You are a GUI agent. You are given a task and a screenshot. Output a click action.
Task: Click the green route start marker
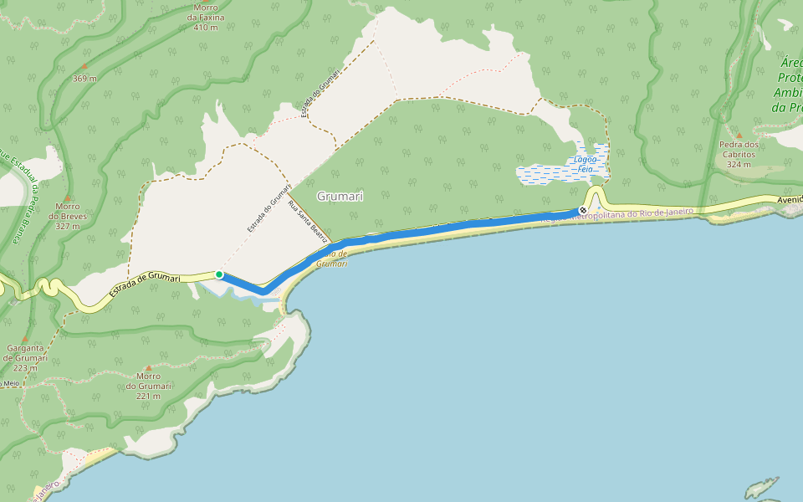pyautogui.click(x=219, y=274)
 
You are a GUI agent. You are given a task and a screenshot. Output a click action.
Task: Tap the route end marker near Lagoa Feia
pyautogui.click(x=583, y=210)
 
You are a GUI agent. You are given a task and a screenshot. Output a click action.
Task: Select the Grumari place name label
pyautogui.click(x=340, y=196)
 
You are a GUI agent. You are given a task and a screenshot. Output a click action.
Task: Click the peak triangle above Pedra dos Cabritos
pyautogui.click(x=739, y=135)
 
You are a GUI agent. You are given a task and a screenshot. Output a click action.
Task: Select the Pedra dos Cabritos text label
pyautogui.click(x=739, y=149)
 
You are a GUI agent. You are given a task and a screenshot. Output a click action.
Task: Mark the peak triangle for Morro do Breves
pyautogui.click(x=67, y=197)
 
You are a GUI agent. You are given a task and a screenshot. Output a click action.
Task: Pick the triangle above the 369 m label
pyautogui.click(x=84, y=65)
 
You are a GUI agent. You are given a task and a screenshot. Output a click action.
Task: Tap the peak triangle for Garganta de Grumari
pyautogui.click(x=24, y=339)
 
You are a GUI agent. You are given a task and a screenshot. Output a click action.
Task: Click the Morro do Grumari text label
pyautogui.click(x=148, y=381)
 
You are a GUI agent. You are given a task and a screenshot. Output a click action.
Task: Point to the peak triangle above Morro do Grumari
pyautogui.click(x=149, y=367)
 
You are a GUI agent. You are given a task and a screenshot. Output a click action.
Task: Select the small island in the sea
pyautogui.click(x=761, y=487)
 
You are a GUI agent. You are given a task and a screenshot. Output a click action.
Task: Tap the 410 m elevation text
pyautogui.click(x=205, y=28)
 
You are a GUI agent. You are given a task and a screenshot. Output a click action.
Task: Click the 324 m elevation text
pyautogui.click(x=739, y=164)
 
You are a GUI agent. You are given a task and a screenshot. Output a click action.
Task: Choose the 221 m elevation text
pyautogui.click(x=148, y=396)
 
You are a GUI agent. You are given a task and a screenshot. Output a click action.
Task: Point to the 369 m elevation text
pyautogui.click(x=84, y=79)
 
